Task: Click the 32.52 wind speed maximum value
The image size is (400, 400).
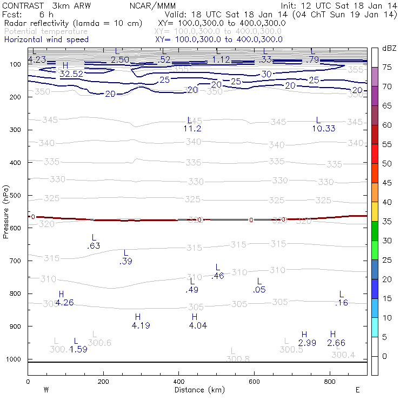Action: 71,74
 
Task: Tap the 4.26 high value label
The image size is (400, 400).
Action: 64,303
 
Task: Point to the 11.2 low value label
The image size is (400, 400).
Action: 192,129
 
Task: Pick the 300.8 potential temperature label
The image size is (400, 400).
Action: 238,359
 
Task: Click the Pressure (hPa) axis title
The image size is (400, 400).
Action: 6,211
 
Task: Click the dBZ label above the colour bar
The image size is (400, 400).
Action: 389,49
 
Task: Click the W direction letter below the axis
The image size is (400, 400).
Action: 46,390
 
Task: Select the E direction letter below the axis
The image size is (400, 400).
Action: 357,390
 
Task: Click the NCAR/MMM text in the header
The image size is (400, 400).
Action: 152,6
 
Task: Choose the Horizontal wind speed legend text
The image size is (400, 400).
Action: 46,39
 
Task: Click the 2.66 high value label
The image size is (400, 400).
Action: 336,343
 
